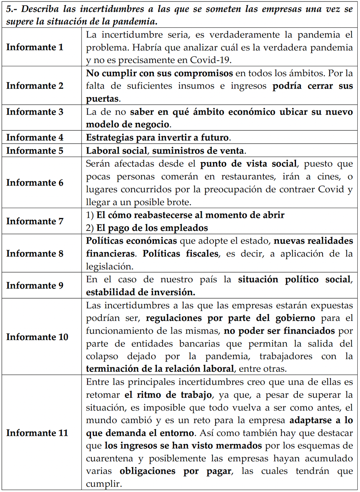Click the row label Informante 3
(34, 112)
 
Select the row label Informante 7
(34, 221)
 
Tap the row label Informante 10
(37, 337)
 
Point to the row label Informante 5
(34, 150)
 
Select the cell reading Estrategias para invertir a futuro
(157, 138)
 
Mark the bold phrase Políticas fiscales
(180, 254)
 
